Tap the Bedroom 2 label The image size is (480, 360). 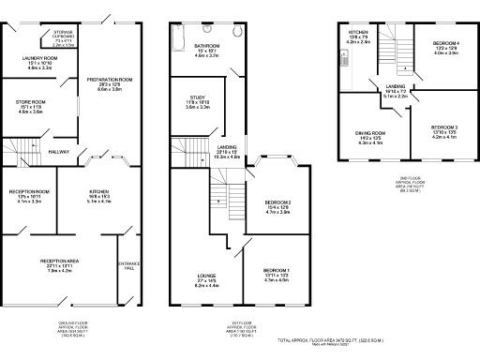(x=277, y=207)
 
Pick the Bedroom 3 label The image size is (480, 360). (x=443, y=132)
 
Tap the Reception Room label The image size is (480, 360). (x=30, y=196)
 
